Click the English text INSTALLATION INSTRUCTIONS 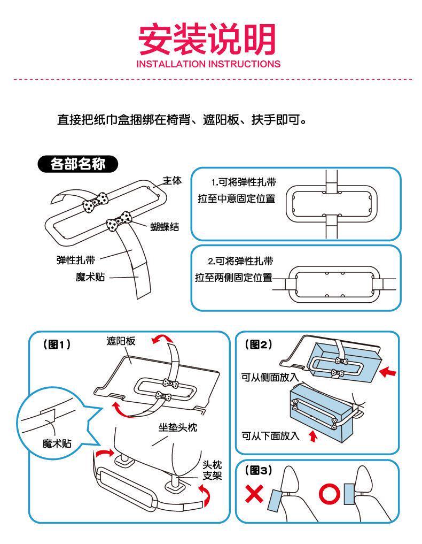pyautogui.click(x=208, y=64)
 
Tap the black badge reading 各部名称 pyautogui.click(x=77, y=164)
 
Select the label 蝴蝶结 pyautogui.click(x=164, y=227)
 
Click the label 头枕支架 pyautogui.click(x=212, y=471)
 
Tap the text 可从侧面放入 pyautogui.click(x=270, y=378)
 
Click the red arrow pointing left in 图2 pyautogui.click(x=389, y=370)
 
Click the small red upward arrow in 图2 pyautogui.click(x=313, y=436)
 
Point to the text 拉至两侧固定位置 pyautogui.click(x=233, y=278)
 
